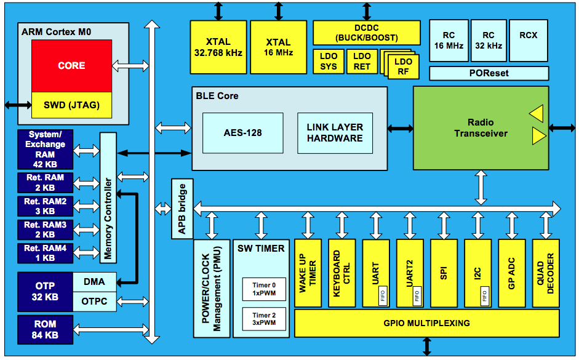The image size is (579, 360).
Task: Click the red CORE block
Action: pyautogui.click(x=71, y=65)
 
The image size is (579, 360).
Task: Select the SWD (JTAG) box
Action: pyautogui.click(x=71, y=105)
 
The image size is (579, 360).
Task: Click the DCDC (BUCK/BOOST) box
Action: pyautogui.click(x=367, y=32)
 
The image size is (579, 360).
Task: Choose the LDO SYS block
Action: pyautogui.click(x=329, y=62)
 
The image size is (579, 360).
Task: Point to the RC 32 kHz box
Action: pyautogui.click(x=489, y=40)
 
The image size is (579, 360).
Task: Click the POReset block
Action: pyautogui.click(x=489, y=73)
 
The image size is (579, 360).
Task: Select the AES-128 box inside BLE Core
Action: pyautogui.click(x=242, y=133)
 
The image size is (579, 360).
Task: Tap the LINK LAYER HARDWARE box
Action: pyautogui.click(x=335, y=133)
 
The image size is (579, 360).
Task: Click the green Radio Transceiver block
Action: pyautogui.click(x=480, y=128)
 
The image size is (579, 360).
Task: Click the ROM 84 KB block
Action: pyautogui.click(x=45, y=330)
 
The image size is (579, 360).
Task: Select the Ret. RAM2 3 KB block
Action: pyautogui.click(x=45, y=206)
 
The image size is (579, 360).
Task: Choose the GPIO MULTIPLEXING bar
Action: pyautogui.click(x=426, y=323)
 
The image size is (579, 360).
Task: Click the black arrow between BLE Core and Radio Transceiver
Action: pyautogui.click(x=401, y=129)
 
